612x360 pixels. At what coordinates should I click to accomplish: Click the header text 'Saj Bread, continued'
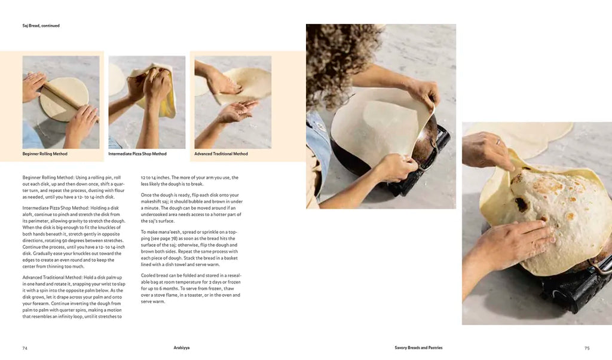point(41,26)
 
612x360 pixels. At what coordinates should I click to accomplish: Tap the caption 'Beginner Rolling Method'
point(45,154)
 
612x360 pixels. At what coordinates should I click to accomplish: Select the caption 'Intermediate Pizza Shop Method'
point(137,154)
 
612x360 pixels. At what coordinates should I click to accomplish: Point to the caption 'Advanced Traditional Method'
point(221,154)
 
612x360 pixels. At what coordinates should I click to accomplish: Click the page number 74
point(25,348)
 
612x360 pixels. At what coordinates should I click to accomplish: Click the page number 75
point(587,348)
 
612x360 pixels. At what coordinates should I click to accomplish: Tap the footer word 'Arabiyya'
point(182,347)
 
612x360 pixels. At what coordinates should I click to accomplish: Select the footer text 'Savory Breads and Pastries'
point(418,347)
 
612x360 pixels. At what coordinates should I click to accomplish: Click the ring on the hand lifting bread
point(498,141)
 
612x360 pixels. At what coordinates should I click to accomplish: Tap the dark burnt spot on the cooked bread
point(521,203)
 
